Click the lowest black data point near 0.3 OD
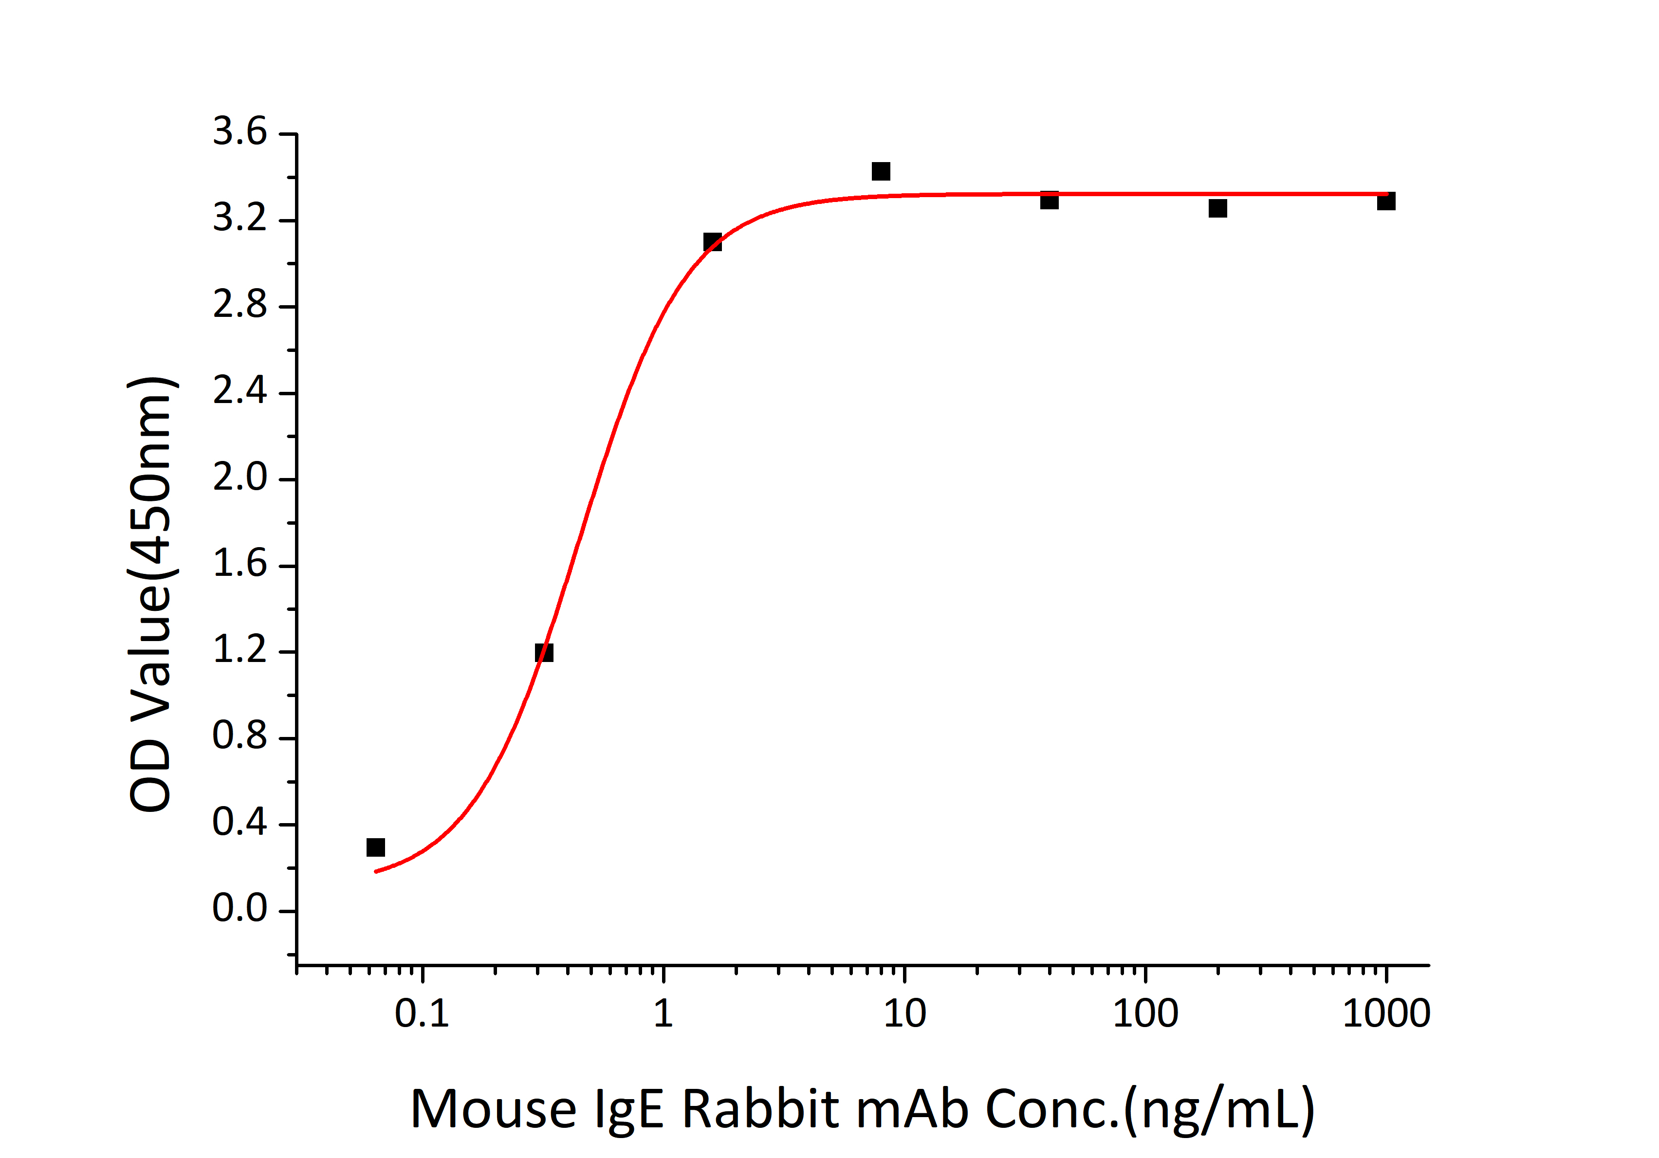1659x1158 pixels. [375, 846]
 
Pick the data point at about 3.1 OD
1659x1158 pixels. [713, 242]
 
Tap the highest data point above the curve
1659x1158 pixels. [881, 171]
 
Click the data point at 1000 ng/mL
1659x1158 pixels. [1386, 201]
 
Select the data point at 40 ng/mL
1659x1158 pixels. [1049, 200]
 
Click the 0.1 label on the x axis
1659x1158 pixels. [422, 1014]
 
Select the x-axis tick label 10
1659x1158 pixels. [904, 1014]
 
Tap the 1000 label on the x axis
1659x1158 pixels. [1386, 1014]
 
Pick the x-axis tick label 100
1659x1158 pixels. [1145, 1014]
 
